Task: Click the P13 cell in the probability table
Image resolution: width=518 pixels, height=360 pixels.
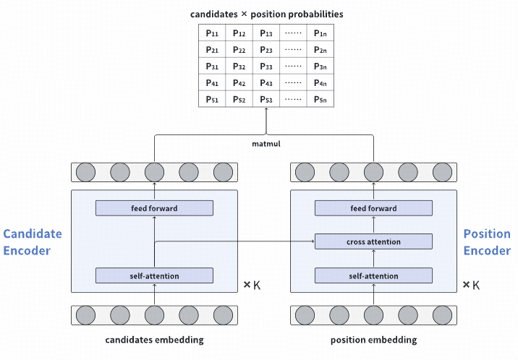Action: coord(266,33)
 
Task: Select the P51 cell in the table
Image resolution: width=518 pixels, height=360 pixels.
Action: coord(212,99)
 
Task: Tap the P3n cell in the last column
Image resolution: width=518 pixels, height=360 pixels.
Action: coord(320,67)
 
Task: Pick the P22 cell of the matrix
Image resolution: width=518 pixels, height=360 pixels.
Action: coord(239,50)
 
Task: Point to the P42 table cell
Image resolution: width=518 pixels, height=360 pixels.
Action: coord(239,83)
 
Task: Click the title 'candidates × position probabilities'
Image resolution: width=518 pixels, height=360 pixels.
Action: coord(266,14)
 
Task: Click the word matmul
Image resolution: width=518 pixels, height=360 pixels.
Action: coord(266,144)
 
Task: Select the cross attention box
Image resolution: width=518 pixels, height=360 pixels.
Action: coord(373,241)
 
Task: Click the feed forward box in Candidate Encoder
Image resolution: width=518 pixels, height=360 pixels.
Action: coord(154,208)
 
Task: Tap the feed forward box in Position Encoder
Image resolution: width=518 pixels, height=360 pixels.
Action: coord(373,208)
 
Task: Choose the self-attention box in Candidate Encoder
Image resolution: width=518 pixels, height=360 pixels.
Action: coord(154,275)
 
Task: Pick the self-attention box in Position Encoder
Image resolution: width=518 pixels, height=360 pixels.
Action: coord(373,275)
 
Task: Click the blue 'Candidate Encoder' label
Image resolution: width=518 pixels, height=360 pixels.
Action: coord(33,242)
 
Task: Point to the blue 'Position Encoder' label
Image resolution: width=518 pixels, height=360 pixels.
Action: coord(487,242)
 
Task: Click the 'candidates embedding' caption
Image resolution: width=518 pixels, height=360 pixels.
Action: coord(154,340)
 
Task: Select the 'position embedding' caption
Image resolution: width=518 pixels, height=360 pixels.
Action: coord(373,340)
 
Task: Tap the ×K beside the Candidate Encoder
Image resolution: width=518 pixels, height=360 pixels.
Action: coord(251,285)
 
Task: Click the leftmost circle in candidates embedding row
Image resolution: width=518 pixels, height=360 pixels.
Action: coord(85,316)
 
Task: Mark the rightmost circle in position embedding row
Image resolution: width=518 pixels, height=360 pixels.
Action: coord(441,316)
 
